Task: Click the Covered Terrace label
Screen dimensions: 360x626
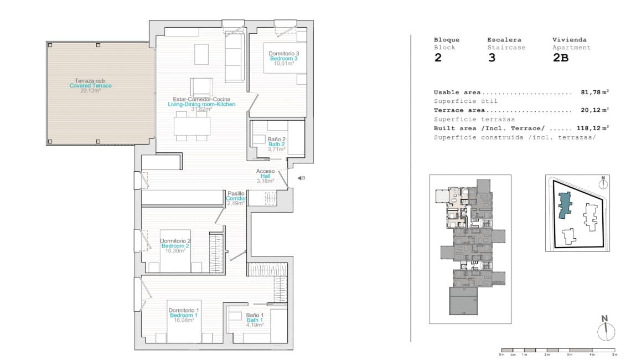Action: (x=90, y=86)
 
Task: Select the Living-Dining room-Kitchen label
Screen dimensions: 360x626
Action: (x=201, y=104)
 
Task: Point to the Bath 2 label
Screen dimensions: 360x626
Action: (x=277, y=144)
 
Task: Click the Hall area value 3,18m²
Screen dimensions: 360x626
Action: (x=265, y=181)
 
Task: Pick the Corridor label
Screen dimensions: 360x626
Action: (x=235, y=198)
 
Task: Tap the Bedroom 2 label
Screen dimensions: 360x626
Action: (x=175, y=245)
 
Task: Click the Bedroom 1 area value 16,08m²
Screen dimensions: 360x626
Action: (x=184, y=320)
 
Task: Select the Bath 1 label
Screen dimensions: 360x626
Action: (x=255, y=320)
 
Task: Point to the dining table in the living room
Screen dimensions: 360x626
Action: (x=192, y=127)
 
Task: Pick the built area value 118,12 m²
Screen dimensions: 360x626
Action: (x=592, y=127)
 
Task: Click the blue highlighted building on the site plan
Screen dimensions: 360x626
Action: (x=565, y=205)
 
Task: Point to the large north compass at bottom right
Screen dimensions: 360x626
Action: (x=606, y=330)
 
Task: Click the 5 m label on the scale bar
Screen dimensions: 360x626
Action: (x=614, y=354)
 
